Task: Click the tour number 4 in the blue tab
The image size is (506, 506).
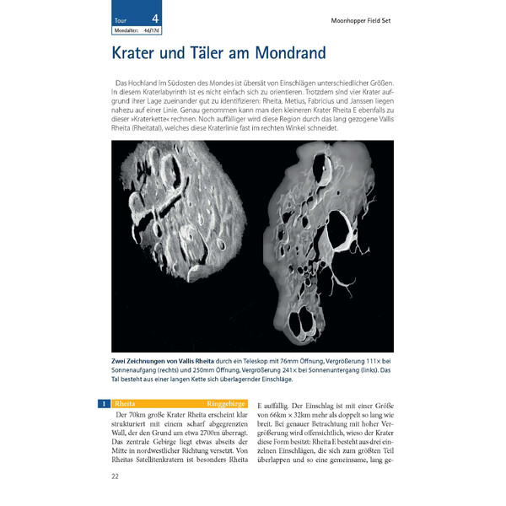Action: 154,18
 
